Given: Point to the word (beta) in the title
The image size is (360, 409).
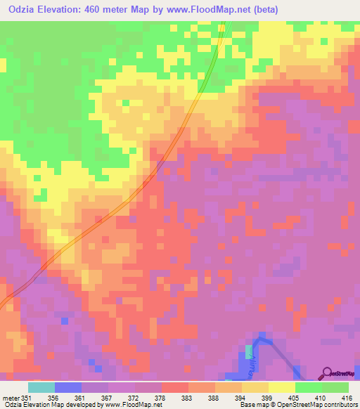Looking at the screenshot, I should coord(262,10).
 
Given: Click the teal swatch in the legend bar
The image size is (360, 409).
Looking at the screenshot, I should coord(41,387).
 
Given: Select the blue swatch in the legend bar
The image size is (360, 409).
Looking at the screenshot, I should coord(68,387).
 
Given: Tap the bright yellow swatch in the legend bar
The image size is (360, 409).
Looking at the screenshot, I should coord(282,387).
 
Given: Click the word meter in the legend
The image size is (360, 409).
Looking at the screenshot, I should coord(11,397).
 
